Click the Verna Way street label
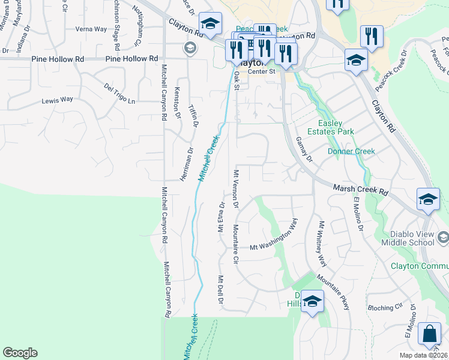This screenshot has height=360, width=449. click(91, 29)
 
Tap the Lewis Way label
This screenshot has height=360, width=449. click(57, 100)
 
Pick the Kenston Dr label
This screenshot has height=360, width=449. click(177, 101)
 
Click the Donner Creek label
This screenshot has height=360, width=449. click(351, 151)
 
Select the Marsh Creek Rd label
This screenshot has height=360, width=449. click(361, 191)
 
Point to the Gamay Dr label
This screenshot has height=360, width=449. click(304, 149)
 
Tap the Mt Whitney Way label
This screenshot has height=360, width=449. click(322, 245)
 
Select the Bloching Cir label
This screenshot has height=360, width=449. click(384, 307)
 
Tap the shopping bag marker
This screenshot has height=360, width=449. click(430, 335)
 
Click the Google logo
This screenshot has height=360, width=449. click(20, 353)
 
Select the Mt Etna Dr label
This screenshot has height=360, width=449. click(221, 218)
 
